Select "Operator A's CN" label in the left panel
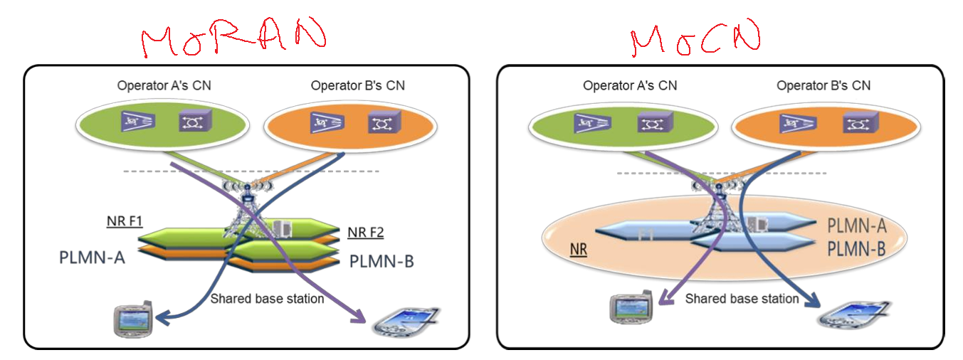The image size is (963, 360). pos(164,86)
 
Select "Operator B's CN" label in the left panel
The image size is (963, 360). pos(358,86)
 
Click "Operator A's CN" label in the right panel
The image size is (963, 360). pos(630,86)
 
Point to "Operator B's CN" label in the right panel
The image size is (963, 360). pos(823,86)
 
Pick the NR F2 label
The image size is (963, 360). pos(367,233)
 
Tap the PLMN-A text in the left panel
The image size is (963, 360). pos(93,256)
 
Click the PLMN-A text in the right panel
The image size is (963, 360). pos(856,226)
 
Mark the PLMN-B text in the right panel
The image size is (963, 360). pos(856,249)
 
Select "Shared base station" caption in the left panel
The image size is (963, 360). pos(267,299)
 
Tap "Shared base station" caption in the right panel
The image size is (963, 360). pos(742,299)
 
